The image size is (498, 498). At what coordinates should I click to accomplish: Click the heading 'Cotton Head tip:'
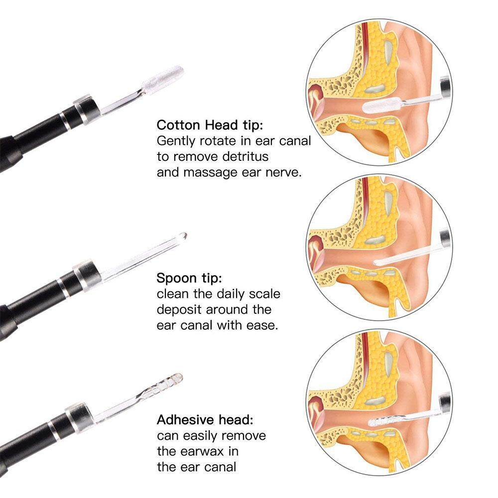coord(210,125)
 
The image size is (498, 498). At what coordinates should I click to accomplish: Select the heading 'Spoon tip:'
coord(189,278)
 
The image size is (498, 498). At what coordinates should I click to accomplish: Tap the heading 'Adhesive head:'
coord(205,420)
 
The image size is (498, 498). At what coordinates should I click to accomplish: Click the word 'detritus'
coord(245,156)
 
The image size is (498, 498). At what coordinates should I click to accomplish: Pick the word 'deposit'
coord(180,310)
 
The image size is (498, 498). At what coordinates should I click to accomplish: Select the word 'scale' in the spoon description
coord(264,294)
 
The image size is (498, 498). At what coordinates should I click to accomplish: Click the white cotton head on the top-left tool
coord(163,78)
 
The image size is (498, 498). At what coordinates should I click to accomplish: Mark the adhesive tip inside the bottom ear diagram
coord(382,421)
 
